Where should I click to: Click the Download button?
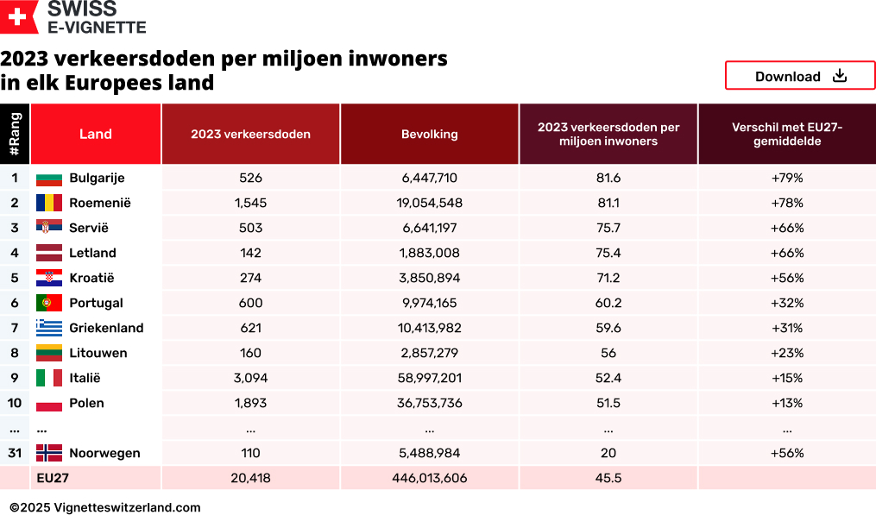coord(800,76)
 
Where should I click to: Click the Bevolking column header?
coord(429,134)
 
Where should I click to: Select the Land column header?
coord(96,134)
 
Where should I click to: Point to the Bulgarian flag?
coord(49,179)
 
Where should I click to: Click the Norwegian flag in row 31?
coord(49,453)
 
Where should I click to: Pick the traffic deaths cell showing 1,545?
coord(250,203)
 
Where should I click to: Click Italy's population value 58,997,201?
coord(429,378)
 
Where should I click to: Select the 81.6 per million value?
coord(608,178)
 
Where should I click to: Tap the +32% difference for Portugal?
coord(787,303)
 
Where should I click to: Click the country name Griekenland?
coord(106,328)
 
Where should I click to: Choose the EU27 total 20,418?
coord(250,478)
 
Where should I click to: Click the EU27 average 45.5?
coord(608,478)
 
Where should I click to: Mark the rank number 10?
coord(15,403)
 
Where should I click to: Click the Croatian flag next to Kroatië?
coord(49,278)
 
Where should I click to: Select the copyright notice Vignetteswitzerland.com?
coord(105,507)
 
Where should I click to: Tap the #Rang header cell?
coord(15,134)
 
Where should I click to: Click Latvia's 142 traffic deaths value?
coord(250,253)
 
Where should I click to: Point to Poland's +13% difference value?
coord(787,403)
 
